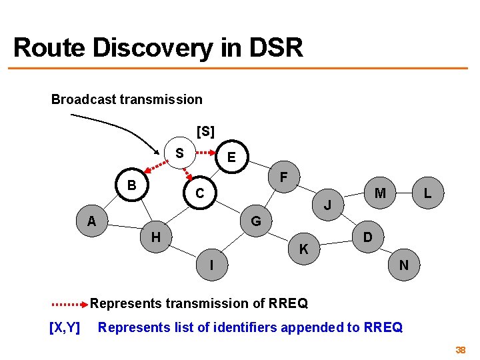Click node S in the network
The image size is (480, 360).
(x=179, y=153)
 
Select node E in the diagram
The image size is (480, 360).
(x=231, y=157)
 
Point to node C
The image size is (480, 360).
(x=199, y=194)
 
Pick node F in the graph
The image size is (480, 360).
(x=283, y=178)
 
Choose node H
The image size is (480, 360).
(x=155, y=237)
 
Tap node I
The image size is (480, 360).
(x=211, y=265)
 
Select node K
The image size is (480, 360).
(x=303, y=250)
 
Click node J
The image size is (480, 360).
(x=328, y=205)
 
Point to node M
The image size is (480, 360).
(x=380, y=193)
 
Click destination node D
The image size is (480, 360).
(x=367, y=237)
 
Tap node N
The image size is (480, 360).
(x=403, y=265)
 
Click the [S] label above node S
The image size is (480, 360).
(x=205, y=132)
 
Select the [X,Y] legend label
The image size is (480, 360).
(x=65, y=327)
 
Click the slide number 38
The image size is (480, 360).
(x=460, y=350)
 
